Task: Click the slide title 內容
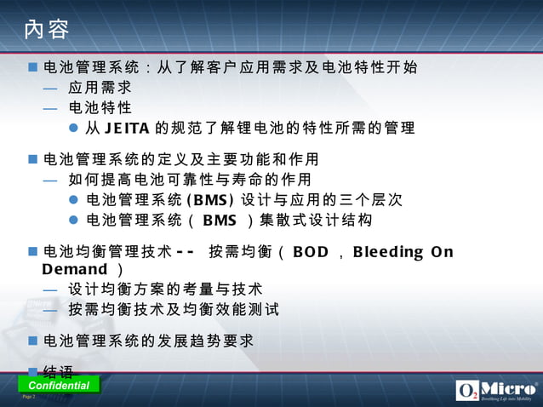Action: coord(47,30)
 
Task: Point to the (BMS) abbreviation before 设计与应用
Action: coord(209,200)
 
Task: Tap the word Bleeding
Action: coord(388,252)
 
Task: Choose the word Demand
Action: coord(75,270)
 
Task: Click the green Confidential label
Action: coord(59,385)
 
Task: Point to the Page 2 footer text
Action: coord(28,397)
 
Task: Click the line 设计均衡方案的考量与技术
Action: coord(165,289)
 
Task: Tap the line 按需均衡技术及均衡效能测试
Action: coord(174,309)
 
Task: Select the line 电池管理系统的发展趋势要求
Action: coord(148,341)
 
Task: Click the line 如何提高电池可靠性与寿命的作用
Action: coord(189,180)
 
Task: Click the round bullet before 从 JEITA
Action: coord(73,129)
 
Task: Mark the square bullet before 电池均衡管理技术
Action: coord(33,251)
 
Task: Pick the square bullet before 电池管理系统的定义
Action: coord(33,159)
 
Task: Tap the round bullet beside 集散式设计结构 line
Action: coord(73,221)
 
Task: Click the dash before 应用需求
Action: coord(50,88)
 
